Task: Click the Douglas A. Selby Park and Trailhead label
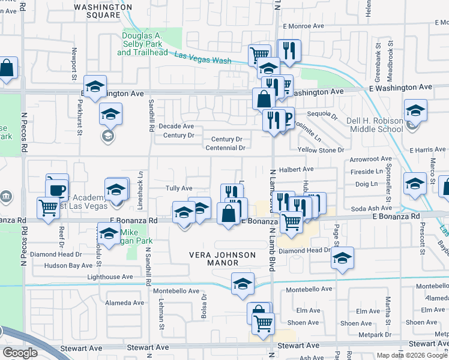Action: pos(142,44)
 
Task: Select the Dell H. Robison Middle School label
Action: pos(375,125)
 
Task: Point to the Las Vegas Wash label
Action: pos(203,58)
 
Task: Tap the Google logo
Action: pos(20,353)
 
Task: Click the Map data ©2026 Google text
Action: pos(411,355)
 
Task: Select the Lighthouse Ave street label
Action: pos(110,277)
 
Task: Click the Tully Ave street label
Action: pos(178,188)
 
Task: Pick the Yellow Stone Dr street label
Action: pos(321,150)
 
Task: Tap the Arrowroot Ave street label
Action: pos(370,160)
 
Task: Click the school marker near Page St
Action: pos(342,258)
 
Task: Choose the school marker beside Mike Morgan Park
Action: pos(109,234)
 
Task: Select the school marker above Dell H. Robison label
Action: pos(415,110)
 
